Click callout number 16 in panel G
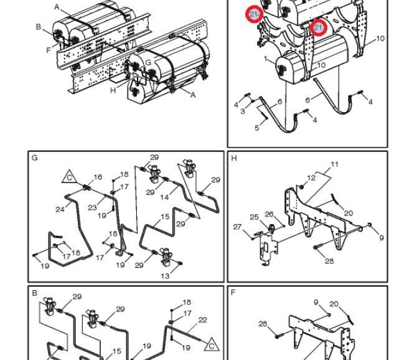point(98,177)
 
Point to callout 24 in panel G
point(60,209)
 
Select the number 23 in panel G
point(92,207)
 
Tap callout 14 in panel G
point(164,197)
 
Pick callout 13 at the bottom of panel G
point(165,276)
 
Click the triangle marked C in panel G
point(70,177)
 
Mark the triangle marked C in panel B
point(212,345)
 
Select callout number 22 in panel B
point(203,320)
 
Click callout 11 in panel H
point(335,164)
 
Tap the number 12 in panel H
point(311,178)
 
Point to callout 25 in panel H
point(254,217)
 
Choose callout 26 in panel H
point(269,214)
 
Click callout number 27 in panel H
point(237,227)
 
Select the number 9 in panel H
point(382,237)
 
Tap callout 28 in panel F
point(263,323)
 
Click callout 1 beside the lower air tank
point(265,59)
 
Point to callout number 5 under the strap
point(256,128)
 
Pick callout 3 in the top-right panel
point(242,111)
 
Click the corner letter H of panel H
point(234,158)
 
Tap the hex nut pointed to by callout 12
point(301,187)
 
